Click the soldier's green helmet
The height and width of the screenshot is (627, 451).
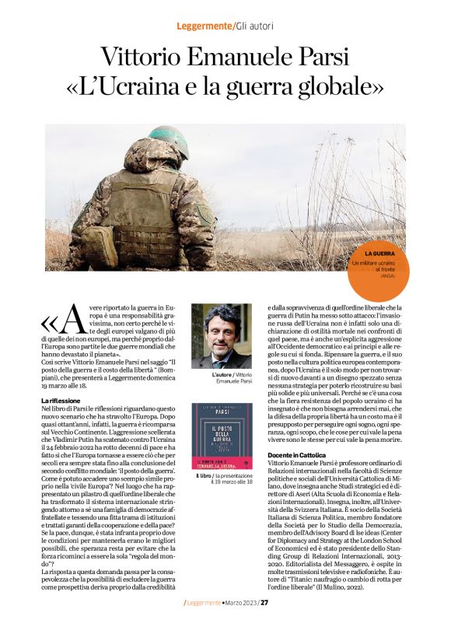167,139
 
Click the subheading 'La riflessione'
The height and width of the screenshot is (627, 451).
61,400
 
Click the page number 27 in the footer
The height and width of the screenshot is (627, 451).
264,602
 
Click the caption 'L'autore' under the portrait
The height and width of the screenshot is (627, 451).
202,376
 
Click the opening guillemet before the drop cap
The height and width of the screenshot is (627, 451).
50,322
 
